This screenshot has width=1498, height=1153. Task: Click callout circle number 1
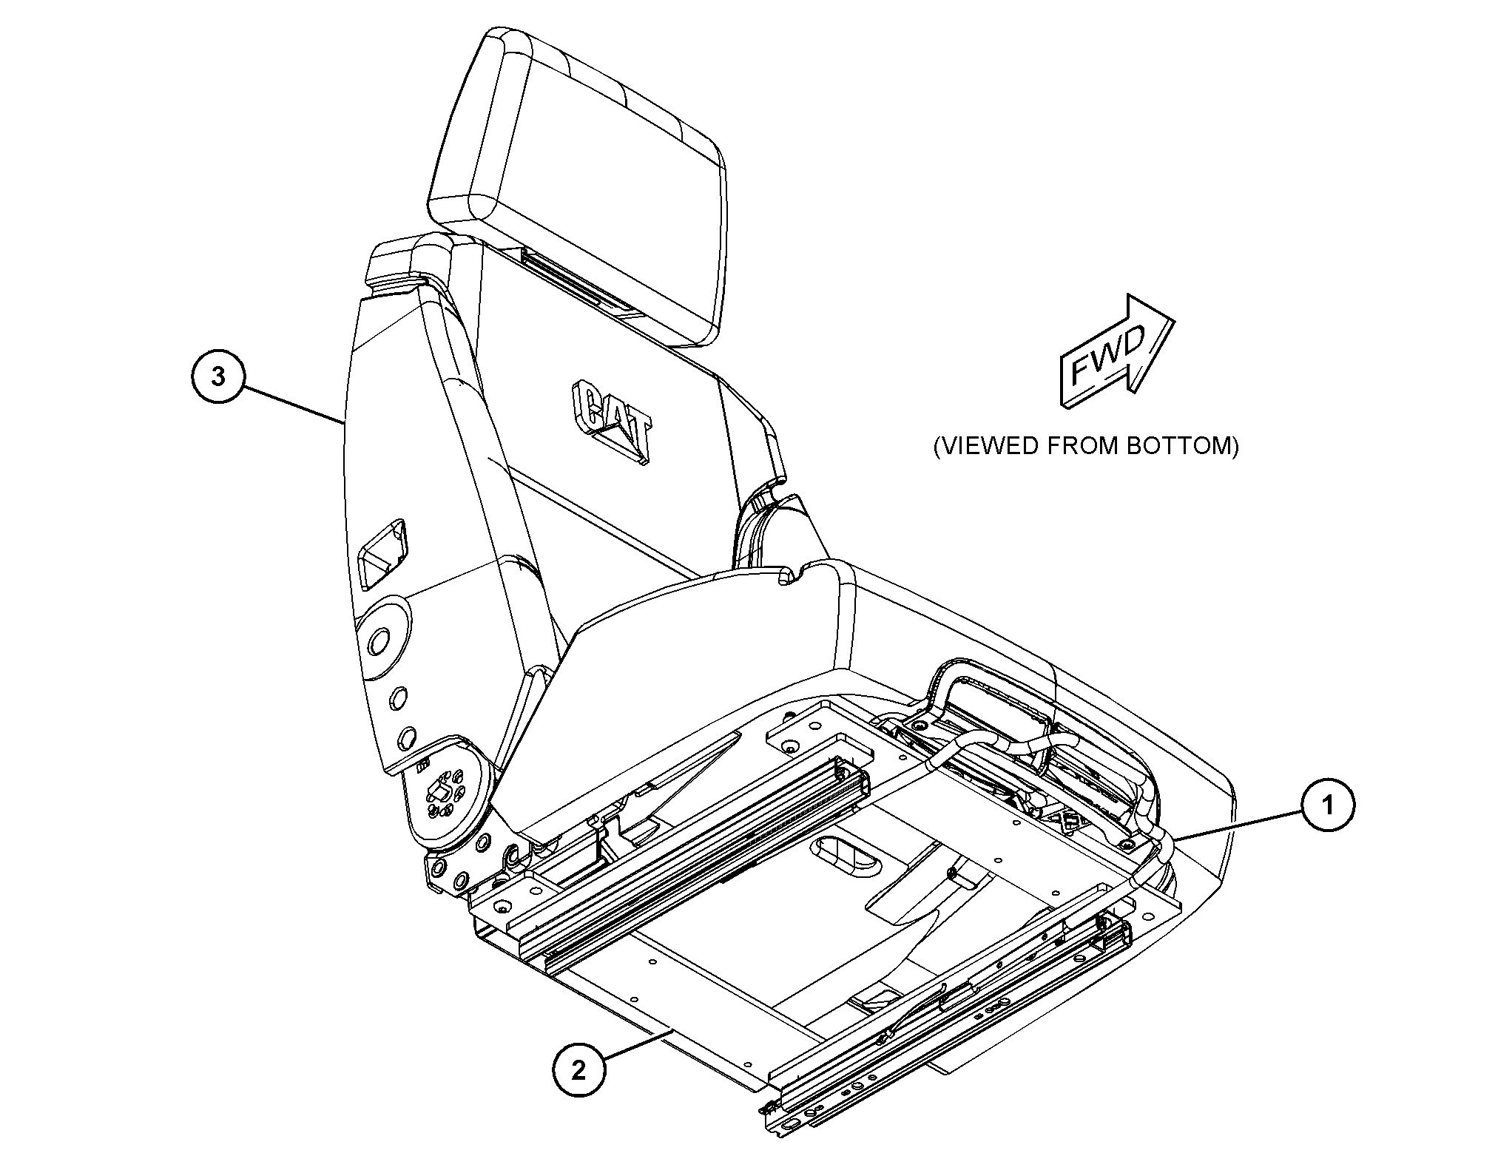point(1328,804)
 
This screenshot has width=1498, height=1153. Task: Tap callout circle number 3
point(217,376)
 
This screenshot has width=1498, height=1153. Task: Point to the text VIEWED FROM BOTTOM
point(1085,447)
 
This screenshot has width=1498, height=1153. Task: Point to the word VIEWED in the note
point(979,447)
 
